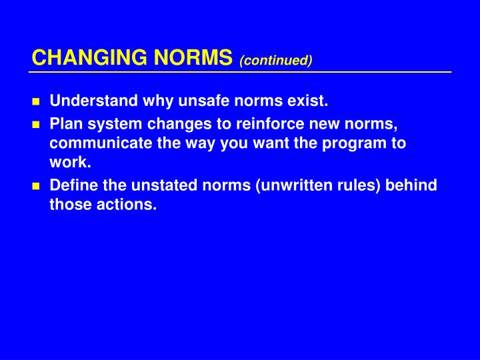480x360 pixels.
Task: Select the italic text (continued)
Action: [276, 61]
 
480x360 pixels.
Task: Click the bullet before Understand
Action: [37, 103]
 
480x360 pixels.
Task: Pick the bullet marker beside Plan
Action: [37, 125]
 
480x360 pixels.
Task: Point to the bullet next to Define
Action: [37, 186]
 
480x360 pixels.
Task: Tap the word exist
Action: [309, 102]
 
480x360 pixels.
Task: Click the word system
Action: [105, 124]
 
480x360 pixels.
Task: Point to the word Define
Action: [70, 185]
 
